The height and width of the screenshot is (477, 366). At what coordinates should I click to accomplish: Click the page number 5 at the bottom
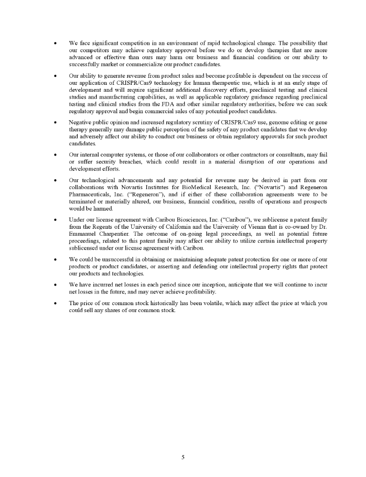coord(183,457)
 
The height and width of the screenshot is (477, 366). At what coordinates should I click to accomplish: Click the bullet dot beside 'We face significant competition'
coord(56,43)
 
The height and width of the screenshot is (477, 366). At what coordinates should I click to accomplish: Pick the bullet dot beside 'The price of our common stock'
coord(56,303)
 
